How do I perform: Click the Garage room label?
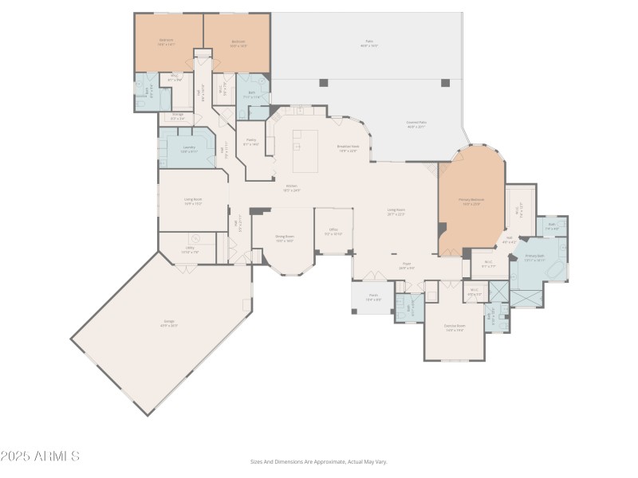tap(168, 323)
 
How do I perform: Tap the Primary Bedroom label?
tap(470, 200)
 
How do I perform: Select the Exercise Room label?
tap(455, 328)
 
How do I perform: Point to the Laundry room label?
tap(188, 148)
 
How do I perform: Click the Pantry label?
tap(250, 141)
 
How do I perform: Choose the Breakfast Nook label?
tap(348, 147)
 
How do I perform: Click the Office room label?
tap(333, 231)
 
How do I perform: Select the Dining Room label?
tap(285, 237)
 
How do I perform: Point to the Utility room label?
tap(190, 249)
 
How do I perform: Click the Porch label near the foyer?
tap(372, 297)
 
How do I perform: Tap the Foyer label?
tap(406, 266)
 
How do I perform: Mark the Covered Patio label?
tap(416, 123)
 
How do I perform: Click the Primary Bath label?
tap(534, 257)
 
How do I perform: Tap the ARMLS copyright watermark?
tap(40, 456)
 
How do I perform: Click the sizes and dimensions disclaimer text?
tap(318, 461)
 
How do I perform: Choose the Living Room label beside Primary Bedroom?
tap(396, 211)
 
